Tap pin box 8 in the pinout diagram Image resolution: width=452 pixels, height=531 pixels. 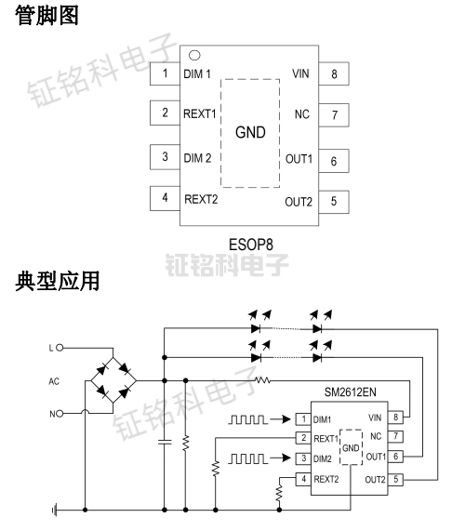[334, 74]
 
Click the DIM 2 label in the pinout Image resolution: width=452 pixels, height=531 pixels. [197, 157]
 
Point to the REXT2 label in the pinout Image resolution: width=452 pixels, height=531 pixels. [201, 198]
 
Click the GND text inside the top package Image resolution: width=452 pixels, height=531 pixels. [250, 132]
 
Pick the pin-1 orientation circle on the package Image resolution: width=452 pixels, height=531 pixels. [194, 55]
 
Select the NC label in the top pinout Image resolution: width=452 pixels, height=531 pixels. [301, 114]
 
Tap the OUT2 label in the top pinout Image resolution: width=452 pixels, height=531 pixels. [299, 202]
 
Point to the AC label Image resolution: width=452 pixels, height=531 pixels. [54, 381]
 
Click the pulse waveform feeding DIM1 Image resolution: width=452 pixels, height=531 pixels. [248, 418]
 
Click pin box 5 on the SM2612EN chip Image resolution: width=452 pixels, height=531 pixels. [398, 479]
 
